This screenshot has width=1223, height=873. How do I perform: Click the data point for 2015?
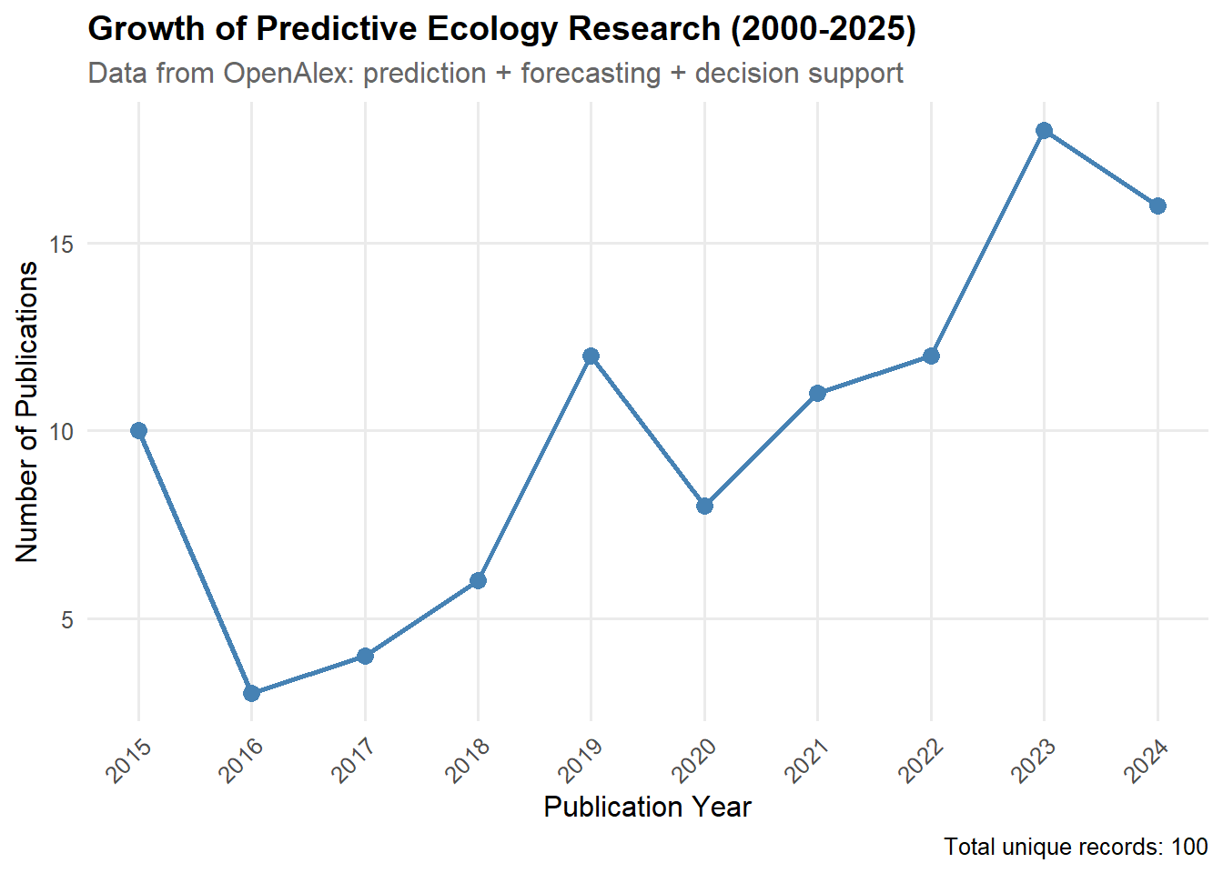tap(138, 431)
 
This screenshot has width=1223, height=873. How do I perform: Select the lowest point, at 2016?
tap(252, 693)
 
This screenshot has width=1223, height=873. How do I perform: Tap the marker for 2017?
tap(365, 656)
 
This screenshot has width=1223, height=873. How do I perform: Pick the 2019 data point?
tap(591, 356)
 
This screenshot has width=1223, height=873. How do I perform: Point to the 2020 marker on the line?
tap(704, 506)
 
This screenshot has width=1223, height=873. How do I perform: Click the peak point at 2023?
tap(1045, 131)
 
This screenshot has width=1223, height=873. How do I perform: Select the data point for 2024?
tap(1157, 206)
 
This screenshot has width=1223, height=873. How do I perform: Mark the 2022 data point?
tap(931, 356)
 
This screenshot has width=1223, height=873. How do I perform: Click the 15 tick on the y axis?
tap(61, 245)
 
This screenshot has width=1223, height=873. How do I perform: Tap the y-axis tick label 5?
tap(67, 620)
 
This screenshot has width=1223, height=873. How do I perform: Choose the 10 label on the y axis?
tap(61, 432)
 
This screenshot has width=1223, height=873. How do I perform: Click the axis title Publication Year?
tap(647, 808)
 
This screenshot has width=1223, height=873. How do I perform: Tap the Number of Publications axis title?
tap(27, 412)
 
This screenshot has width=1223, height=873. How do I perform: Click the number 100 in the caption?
tap(1188, 848)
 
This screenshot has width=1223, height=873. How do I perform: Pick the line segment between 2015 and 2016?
tap(195, 562)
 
